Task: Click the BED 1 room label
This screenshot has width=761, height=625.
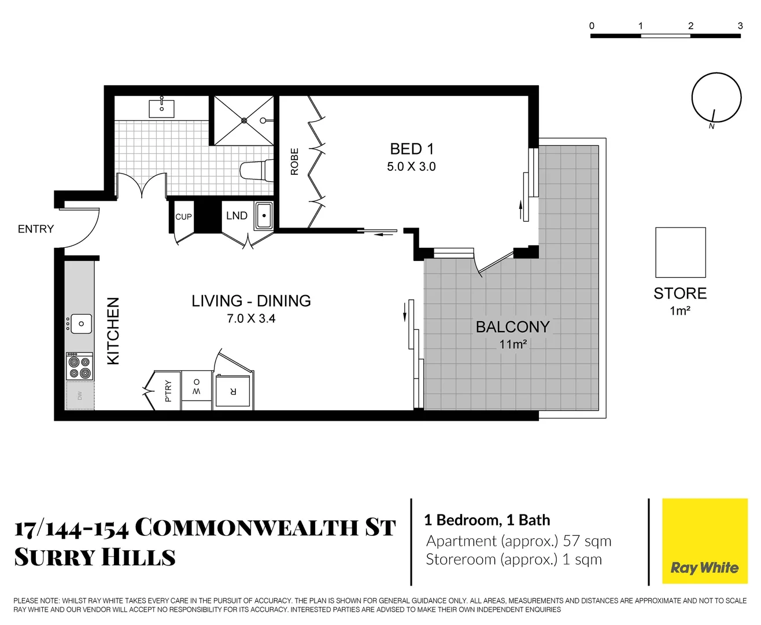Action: [x=411, y=149]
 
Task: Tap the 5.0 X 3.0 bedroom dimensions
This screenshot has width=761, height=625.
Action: [x=411, y=167]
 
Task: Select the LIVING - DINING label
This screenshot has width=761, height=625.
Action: [x=251, y=301]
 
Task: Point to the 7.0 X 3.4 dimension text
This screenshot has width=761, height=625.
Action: [x=251, y=318]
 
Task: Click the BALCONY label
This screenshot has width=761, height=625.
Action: [x=512, y=327]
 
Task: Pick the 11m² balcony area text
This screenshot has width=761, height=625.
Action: [x=512, y=344]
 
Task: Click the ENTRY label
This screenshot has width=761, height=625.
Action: [x=36, y=229]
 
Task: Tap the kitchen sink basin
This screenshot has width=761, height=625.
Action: [x=80, y=324]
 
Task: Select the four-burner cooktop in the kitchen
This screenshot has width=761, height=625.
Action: [x=79, y=366]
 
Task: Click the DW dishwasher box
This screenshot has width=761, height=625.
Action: [x=80, y=396]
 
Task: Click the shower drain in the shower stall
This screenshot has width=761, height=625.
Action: [x=244, y=120]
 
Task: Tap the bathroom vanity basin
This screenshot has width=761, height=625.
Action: [x=162, y=108]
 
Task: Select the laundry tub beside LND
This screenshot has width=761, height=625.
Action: [x=264, y=215]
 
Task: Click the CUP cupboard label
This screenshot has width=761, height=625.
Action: [x=183, y=217]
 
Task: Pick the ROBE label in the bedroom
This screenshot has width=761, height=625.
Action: [x=294, y=161]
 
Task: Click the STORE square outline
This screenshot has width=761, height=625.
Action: [x=680, y=252]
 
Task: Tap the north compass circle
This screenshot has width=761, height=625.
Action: [x=716, y=97]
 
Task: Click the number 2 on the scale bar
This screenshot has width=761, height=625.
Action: [x=690, y=25]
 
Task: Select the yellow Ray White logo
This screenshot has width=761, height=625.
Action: [x=704, y=541]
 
